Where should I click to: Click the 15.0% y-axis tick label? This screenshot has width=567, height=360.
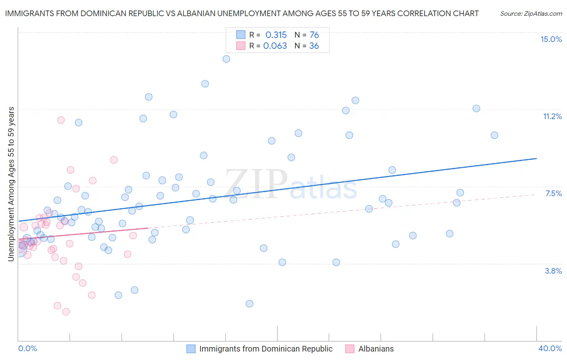pos(551,39)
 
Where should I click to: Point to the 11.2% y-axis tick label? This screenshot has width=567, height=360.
pos(552,116)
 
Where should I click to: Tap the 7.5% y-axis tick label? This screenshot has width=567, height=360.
pos(553,193)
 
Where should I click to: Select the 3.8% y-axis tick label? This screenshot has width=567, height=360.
pos(553,271)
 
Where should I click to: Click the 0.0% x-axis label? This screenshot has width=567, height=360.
pos(27,348)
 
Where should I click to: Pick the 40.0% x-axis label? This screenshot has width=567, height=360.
pos(550,348)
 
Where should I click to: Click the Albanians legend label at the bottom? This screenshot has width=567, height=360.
pos(376,349)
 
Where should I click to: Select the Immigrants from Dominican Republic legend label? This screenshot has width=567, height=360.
pos(266,349)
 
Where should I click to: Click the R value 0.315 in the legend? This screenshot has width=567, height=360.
pos(276,35)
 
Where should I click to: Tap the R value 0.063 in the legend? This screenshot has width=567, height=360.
pos(275,46)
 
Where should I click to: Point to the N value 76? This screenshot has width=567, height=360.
pos(314,35)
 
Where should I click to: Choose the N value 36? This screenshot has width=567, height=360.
pos(314,46)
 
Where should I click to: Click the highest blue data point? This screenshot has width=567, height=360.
pos(226,59)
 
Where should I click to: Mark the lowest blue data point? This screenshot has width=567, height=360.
pos(249,303)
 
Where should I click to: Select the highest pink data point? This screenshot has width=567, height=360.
pos(61,120)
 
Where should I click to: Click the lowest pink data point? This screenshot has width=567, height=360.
pos(66,312)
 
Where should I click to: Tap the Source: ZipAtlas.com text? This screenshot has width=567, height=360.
pos(531,13)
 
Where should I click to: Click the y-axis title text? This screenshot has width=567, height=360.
pos(11,184)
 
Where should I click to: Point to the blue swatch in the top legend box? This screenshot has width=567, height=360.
pos(241,35)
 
